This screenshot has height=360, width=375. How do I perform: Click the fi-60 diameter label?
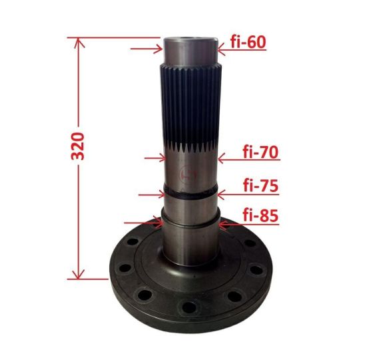click(x=248, y=42)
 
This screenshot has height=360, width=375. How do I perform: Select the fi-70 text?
click(x=260, y=152)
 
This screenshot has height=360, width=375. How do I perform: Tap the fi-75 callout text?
click(x=261, y=185)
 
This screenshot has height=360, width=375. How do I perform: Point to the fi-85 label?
click(x=260, y=215)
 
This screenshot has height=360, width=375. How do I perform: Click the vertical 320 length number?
click(x=78, y=146)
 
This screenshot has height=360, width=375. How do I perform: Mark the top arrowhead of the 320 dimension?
click(x=79, y=43)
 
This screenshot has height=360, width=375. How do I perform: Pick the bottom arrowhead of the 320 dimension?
click(x=79, y=274)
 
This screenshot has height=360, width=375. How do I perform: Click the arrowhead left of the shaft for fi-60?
click(x=159, y=49)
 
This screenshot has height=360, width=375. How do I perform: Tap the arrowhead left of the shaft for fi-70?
click(x=163, y=158)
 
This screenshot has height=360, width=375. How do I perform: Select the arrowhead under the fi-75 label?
click(x=221, y=195)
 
